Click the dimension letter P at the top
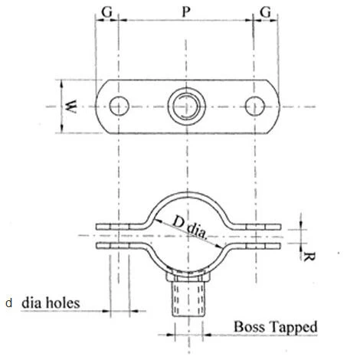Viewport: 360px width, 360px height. pyautogui.click(x=185, y=13)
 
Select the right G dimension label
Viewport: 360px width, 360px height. pyautogui.click(x=266, y=13)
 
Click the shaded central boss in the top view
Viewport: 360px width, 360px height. pyautogui.click(x=185, y=104)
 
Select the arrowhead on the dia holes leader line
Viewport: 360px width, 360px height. pyautogui.click(x=108, y=311)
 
